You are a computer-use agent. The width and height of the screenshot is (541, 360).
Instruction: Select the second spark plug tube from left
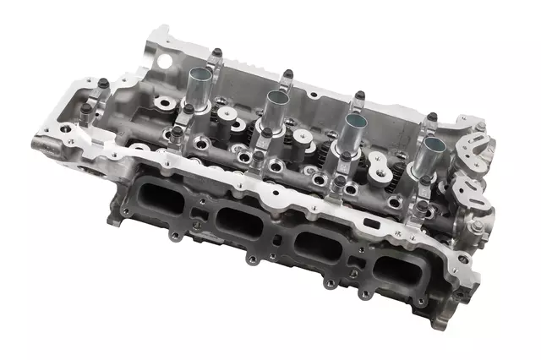tap(276, 99)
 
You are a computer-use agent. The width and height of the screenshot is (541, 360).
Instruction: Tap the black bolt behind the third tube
tap(359, 95)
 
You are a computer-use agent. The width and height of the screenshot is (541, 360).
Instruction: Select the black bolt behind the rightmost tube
tap(432, 117)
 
